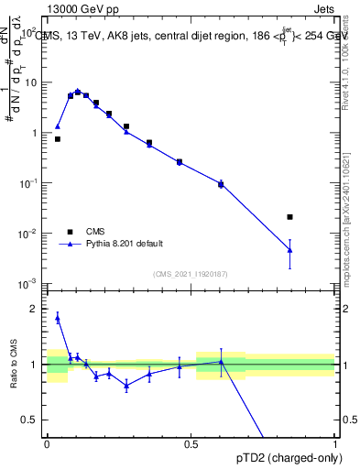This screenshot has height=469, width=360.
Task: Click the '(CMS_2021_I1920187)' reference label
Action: (x=190, y=274)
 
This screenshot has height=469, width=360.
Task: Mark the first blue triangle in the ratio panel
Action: (x=58, y=318)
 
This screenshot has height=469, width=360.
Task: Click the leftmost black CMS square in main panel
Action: (x=58, y=139)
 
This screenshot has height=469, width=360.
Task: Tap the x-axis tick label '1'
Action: (x=334, y=443)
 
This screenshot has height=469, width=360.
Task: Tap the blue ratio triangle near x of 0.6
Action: (x=221, y=362)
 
